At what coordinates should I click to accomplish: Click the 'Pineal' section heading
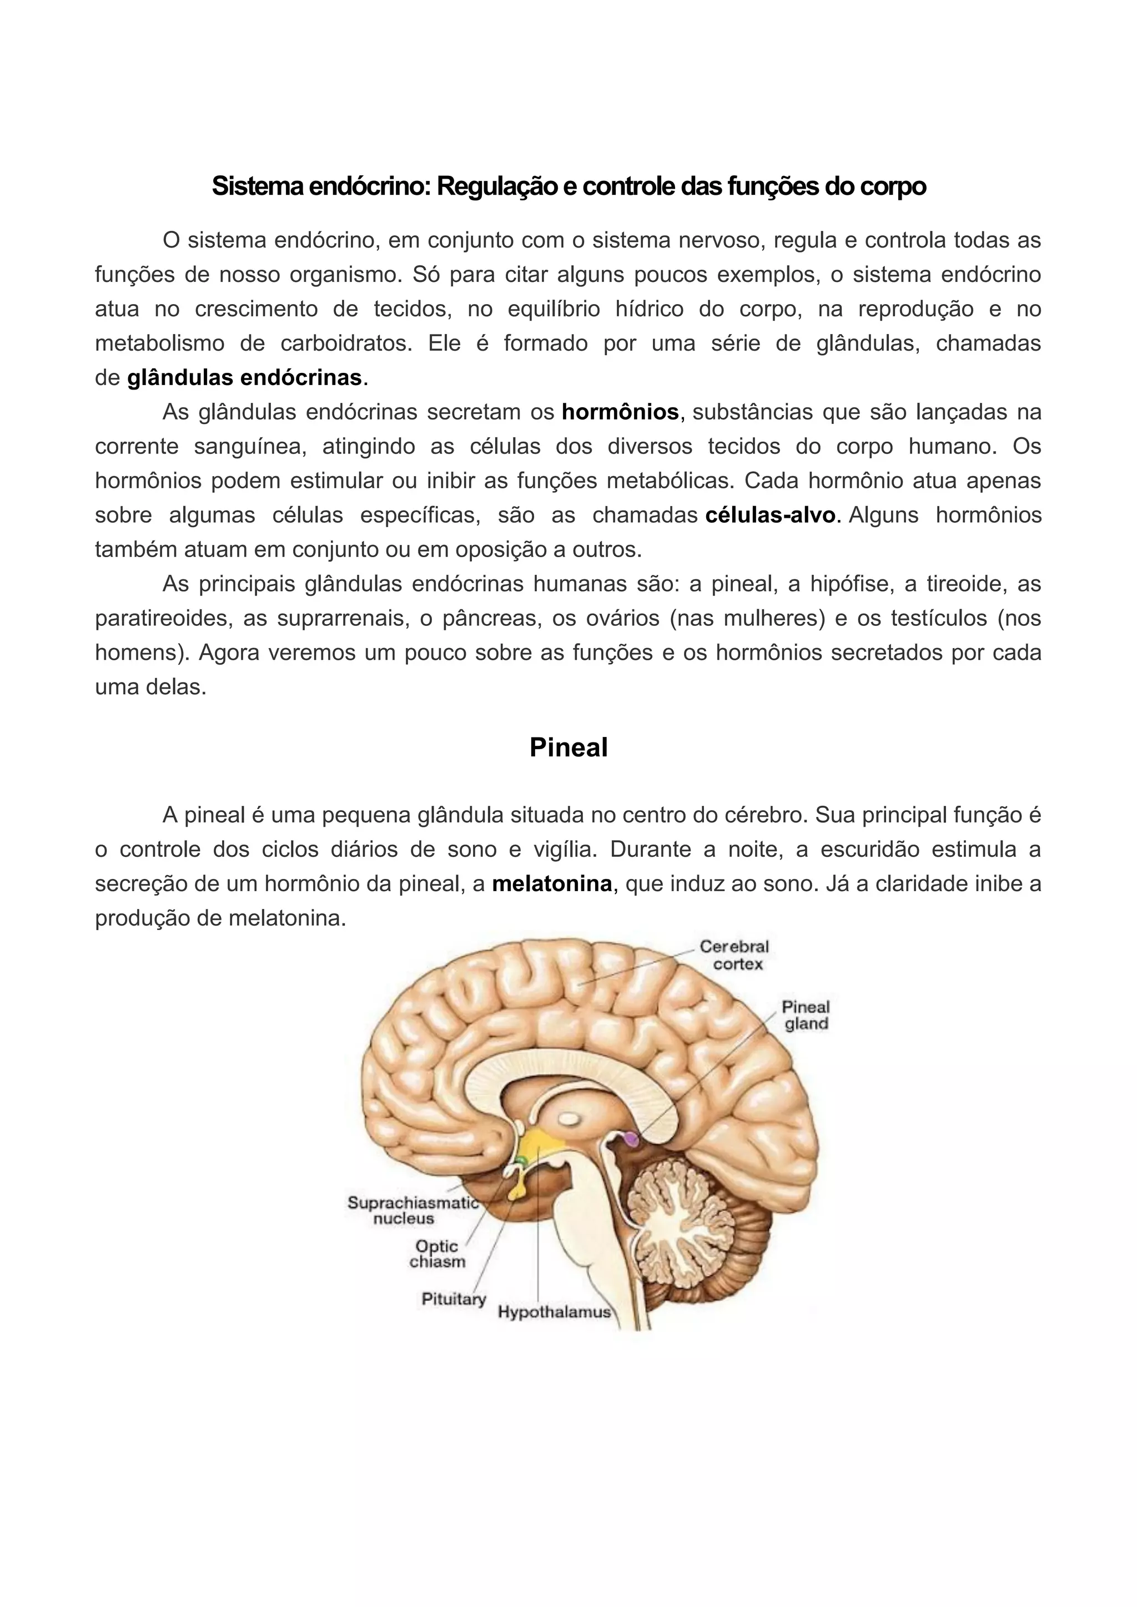pos(568,747)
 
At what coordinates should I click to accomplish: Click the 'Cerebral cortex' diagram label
pos(735,956)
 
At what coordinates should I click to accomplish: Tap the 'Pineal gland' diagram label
pos(806,1015)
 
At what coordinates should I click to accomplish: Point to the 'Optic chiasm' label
pos(437,1254)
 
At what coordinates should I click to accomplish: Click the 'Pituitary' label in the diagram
pos(454,1299)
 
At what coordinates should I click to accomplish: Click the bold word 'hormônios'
pos(620,412)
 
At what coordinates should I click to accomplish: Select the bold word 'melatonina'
pos(552,884)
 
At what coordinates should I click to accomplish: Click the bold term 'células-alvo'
pos(770,515)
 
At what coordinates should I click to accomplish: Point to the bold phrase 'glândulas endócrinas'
pos(244,378)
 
